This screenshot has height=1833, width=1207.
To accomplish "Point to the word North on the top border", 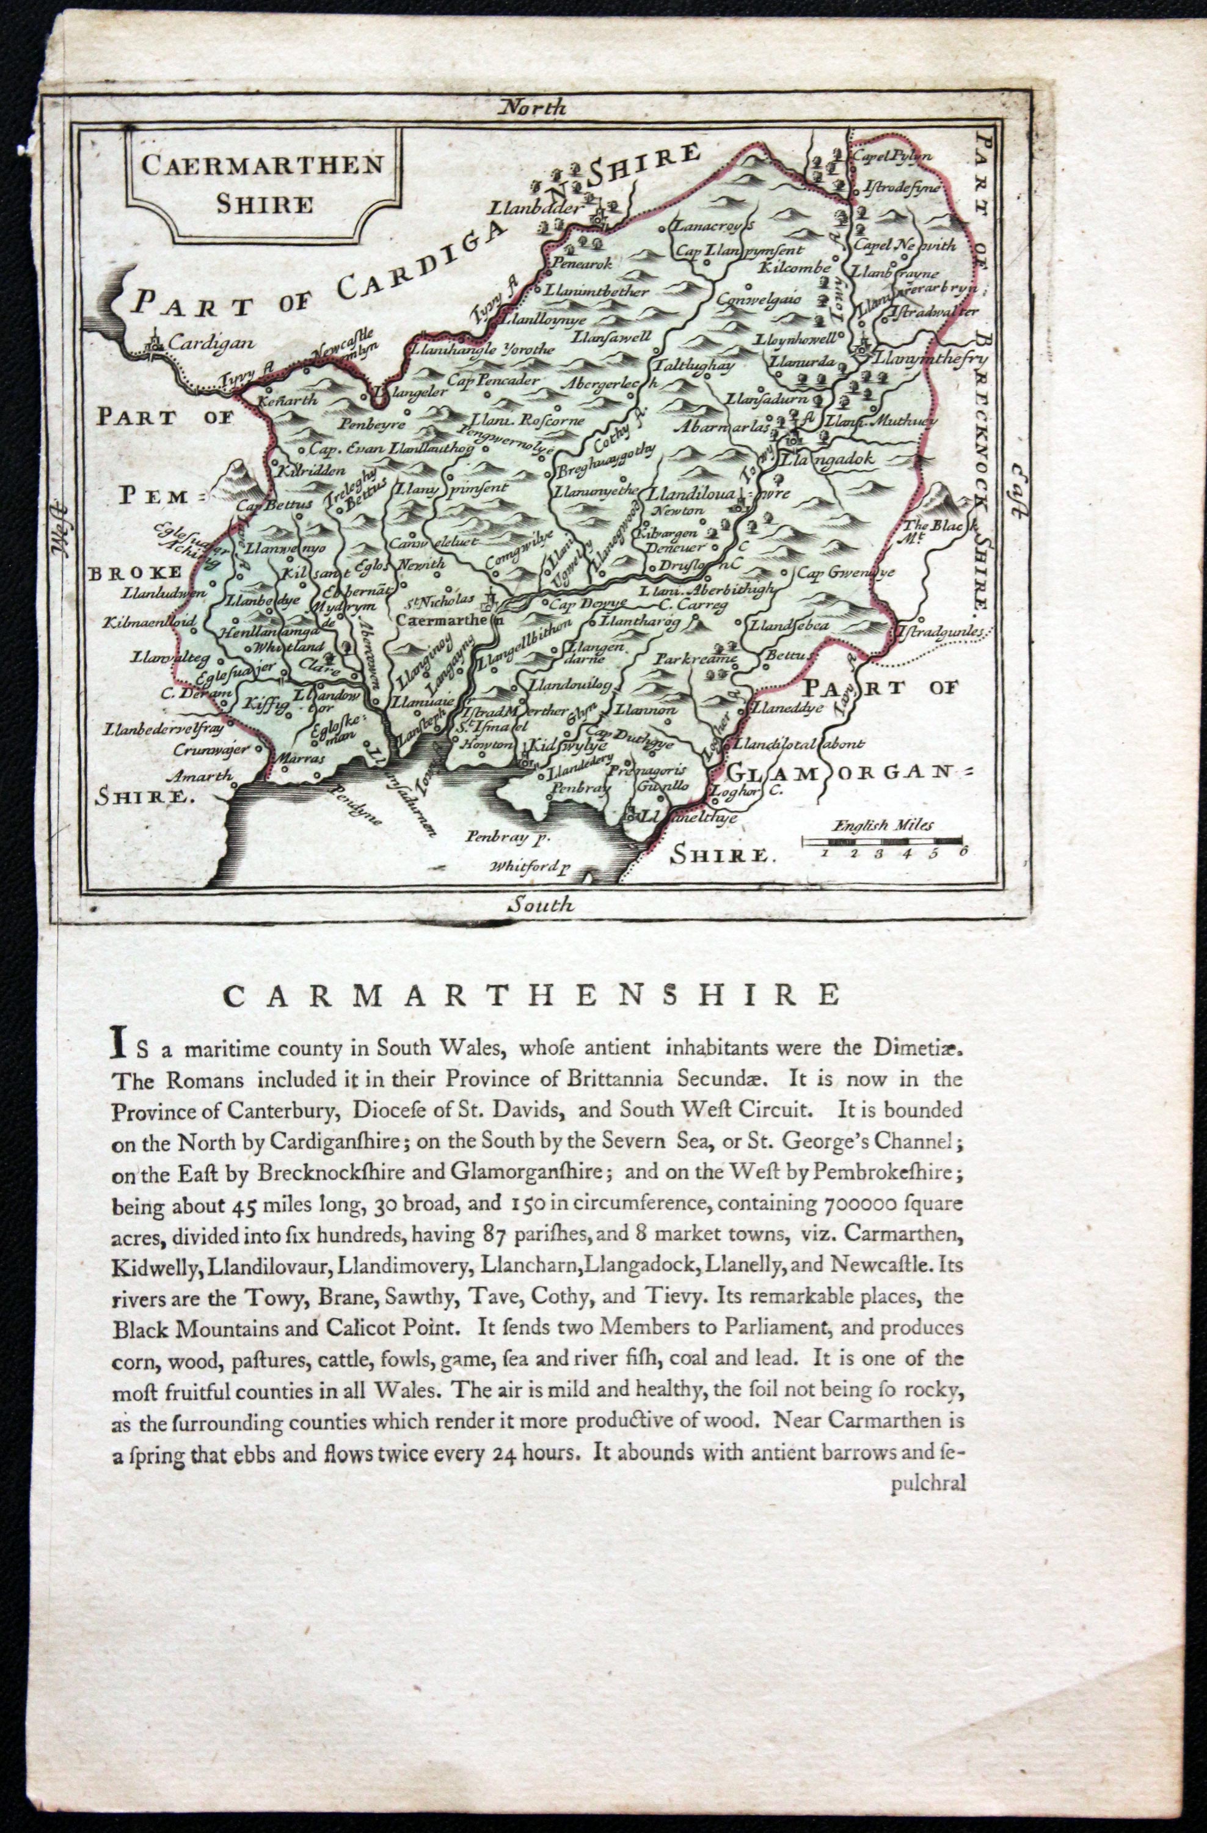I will pyautogui.click(x=533, y=107).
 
